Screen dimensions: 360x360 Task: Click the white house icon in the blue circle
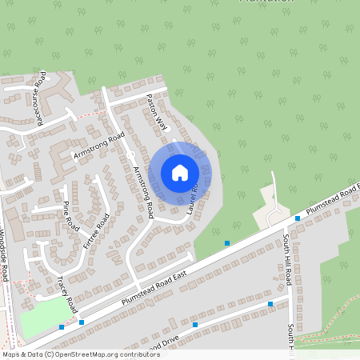180,172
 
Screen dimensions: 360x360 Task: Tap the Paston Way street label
157,112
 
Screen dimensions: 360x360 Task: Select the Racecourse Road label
42,99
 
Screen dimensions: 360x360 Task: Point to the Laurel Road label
193,197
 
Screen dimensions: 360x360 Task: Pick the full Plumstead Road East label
154,286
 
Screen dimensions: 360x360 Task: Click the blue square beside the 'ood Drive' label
194,326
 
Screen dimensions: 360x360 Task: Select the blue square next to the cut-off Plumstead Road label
298,218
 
